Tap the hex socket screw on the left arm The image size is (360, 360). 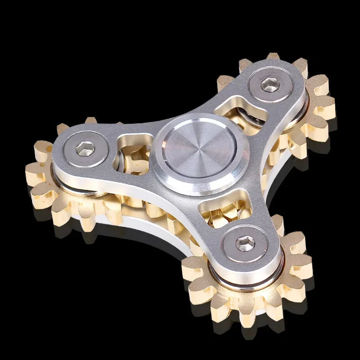click(x=85, y=148)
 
